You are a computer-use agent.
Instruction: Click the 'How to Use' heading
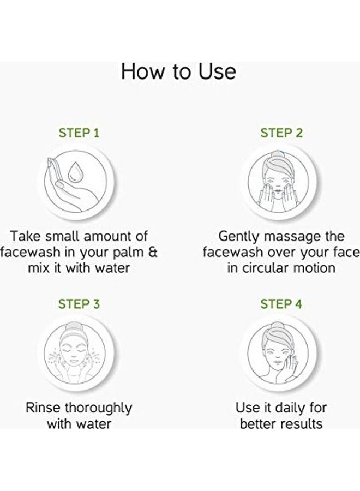click(x=178, y=71)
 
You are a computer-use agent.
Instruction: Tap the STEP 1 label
click(x=79, y=133)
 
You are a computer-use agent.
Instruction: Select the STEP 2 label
click(x=281, y=133)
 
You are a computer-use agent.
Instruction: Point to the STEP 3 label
click(x=79, y=304)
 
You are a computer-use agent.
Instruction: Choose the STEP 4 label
click(x=281, y=304)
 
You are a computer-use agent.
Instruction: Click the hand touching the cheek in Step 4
click(x=291, y=366)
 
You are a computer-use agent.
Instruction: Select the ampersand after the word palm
click(x=152, y=252)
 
